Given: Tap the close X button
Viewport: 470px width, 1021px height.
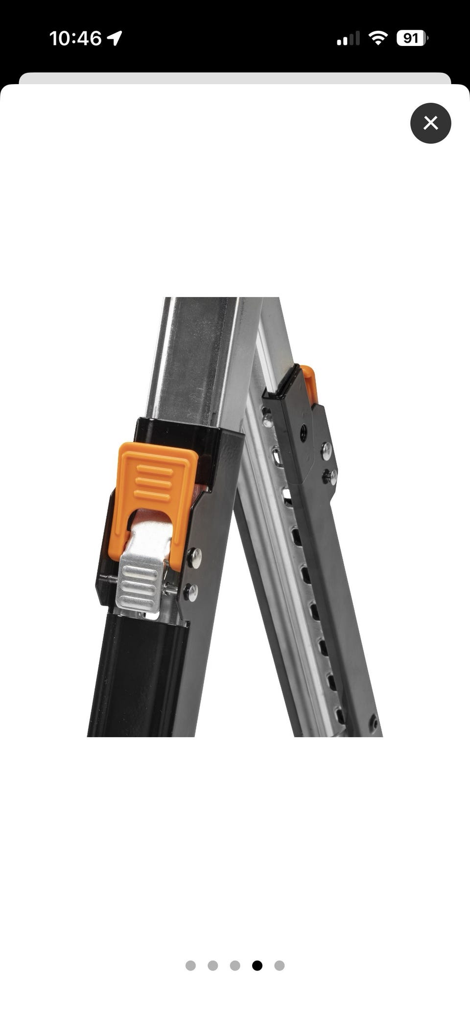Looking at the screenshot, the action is pyautogui.click(x=430, y=123).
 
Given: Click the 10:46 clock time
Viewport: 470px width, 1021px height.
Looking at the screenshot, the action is pyautogui.click(x=75, y=38).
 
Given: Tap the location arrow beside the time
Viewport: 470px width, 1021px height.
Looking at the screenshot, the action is pyautogui.click(x=115, y=38).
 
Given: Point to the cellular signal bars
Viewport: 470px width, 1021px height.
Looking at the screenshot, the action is pyautogui.click(x=348, y=38).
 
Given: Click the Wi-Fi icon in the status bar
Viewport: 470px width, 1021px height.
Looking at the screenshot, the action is pyautogui.click(x=377, y=38).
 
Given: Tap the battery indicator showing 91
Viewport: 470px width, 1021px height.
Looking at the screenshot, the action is pyautogui.click(x=412, y=38).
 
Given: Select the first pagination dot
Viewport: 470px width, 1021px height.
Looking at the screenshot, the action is pyautogui.click(x=190, y=965).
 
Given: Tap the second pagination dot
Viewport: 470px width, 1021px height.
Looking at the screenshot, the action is pyautogui.click(x=212, y=965).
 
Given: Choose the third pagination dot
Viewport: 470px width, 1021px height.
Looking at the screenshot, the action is pyautogui.click(x=235, y=965).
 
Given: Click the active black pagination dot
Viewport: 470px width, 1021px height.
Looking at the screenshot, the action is pyautogui.click(x=257, y=965).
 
